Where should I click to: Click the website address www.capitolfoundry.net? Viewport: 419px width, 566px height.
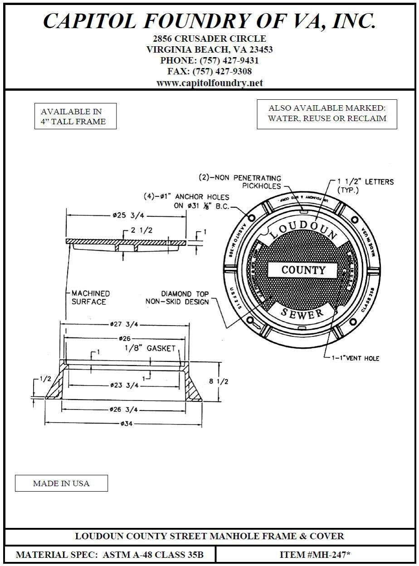coord(209,83)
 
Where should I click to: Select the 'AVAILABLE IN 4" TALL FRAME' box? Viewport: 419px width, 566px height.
coord(75,117)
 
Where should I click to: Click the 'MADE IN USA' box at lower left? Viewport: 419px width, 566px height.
coord(61,483)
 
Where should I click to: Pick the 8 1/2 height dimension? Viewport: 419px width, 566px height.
coord(218,381)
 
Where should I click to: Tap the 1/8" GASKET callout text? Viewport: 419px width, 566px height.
coord(149,348)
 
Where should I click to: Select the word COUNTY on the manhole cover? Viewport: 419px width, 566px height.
coord(303,270)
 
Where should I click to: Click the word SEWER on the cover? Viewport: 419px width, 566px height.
coord(302,312)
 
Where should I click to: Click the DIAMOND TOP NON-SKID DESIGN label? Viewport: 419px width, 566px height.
coord(178,298)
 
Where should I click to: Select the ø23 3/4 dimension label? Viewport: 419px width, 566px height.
coord(124,385)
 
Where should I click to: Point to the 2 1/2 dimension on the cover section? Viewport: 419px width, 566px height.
coord(141,230)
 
